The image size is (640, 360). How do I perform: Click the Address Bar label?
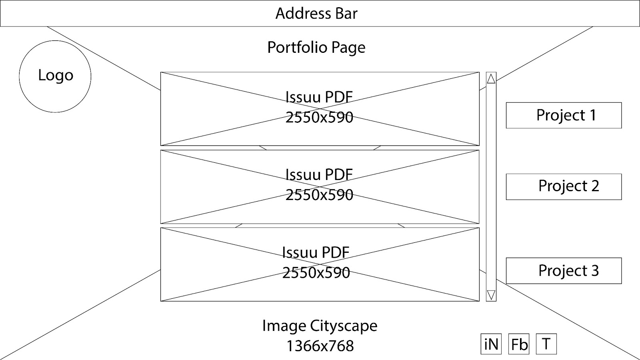[316, 14]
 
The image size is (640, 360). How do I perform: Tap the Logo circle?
[55, 76]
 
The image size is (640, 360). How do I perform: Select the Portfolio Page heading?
[316, 47]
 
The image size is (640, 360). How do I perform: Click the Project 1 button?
[564, 115]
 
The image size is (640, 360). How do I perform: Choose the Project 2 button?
[564, 186]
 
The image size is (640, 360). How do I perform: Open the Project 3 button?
[564, 271]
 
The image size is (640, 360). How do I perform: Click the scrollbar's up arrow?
[491, 79]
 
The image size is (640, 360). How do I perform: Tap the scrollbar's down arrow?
[491, 295]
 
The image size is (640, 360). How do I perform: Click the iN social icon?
[491, 344]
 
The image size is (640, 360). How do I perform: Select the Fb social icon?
[519, 344]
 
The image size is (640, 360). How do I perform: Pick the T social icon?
[546, 344]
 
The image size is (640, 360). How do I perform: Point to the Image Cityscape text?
[320, 326]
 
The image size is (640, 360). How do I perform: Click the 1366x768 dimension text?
[320, 346]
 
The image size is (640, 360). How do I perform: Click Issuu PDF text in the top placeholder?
[319, 97]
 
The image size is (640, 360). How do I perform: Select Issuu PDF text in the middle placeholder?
[319, 174]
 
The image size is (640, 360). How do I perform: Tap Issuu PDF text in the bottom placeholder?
[316, 252]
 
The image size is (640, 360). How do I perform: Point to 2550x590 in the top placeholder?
[319, 117]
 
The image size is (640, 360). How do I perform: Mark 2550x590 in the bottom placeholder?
[316, 273]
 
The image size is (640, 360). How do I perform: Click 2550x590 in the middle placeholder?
[319, 195]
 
